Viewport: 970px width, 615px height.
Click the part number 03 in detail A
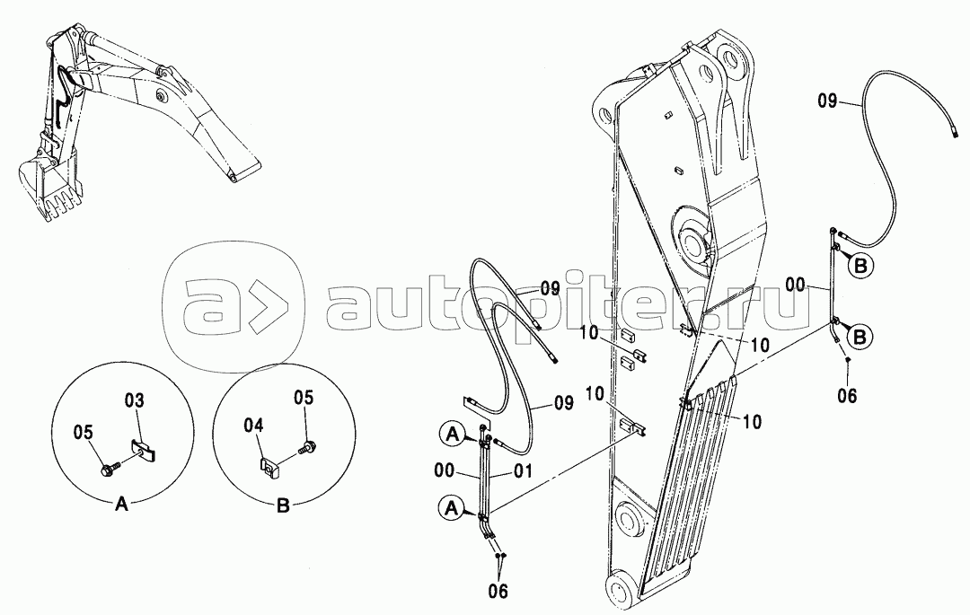point(134,400)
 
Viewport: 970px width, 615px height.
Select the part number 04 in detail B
point(253,426)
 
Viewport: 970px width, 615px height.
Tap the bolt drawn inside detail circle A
point(106,470)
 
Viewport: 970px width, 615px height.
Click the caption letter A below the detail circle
point(122,505)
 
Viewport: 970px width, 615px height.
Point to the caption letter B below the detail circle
point(283,505)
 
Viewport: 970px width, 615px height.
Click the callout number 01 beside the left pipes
point(523,473)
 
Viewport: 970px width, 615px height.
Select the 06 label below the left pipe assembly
point(498,592)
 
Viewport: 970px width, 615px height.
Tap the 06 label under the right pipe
point(847,396)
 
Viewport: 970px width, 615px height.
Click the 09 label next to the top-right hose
point(828,101)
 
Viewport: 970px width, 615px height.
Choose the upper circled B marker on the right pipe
point(861,267)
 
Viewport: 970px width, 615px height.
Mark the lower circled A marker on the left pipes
point(452,508)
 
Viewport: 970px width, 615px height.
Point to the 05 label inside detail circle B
point(304,398)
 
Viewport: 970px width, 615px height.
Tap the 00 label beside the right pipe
point(796,285)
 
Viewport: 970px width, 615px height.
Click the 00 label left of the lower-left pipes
point(445,471)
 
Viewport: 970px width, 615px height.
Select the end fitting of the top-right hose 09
point(955,132)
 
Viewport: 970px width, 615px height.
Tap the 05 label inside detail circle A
point(84,432)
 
